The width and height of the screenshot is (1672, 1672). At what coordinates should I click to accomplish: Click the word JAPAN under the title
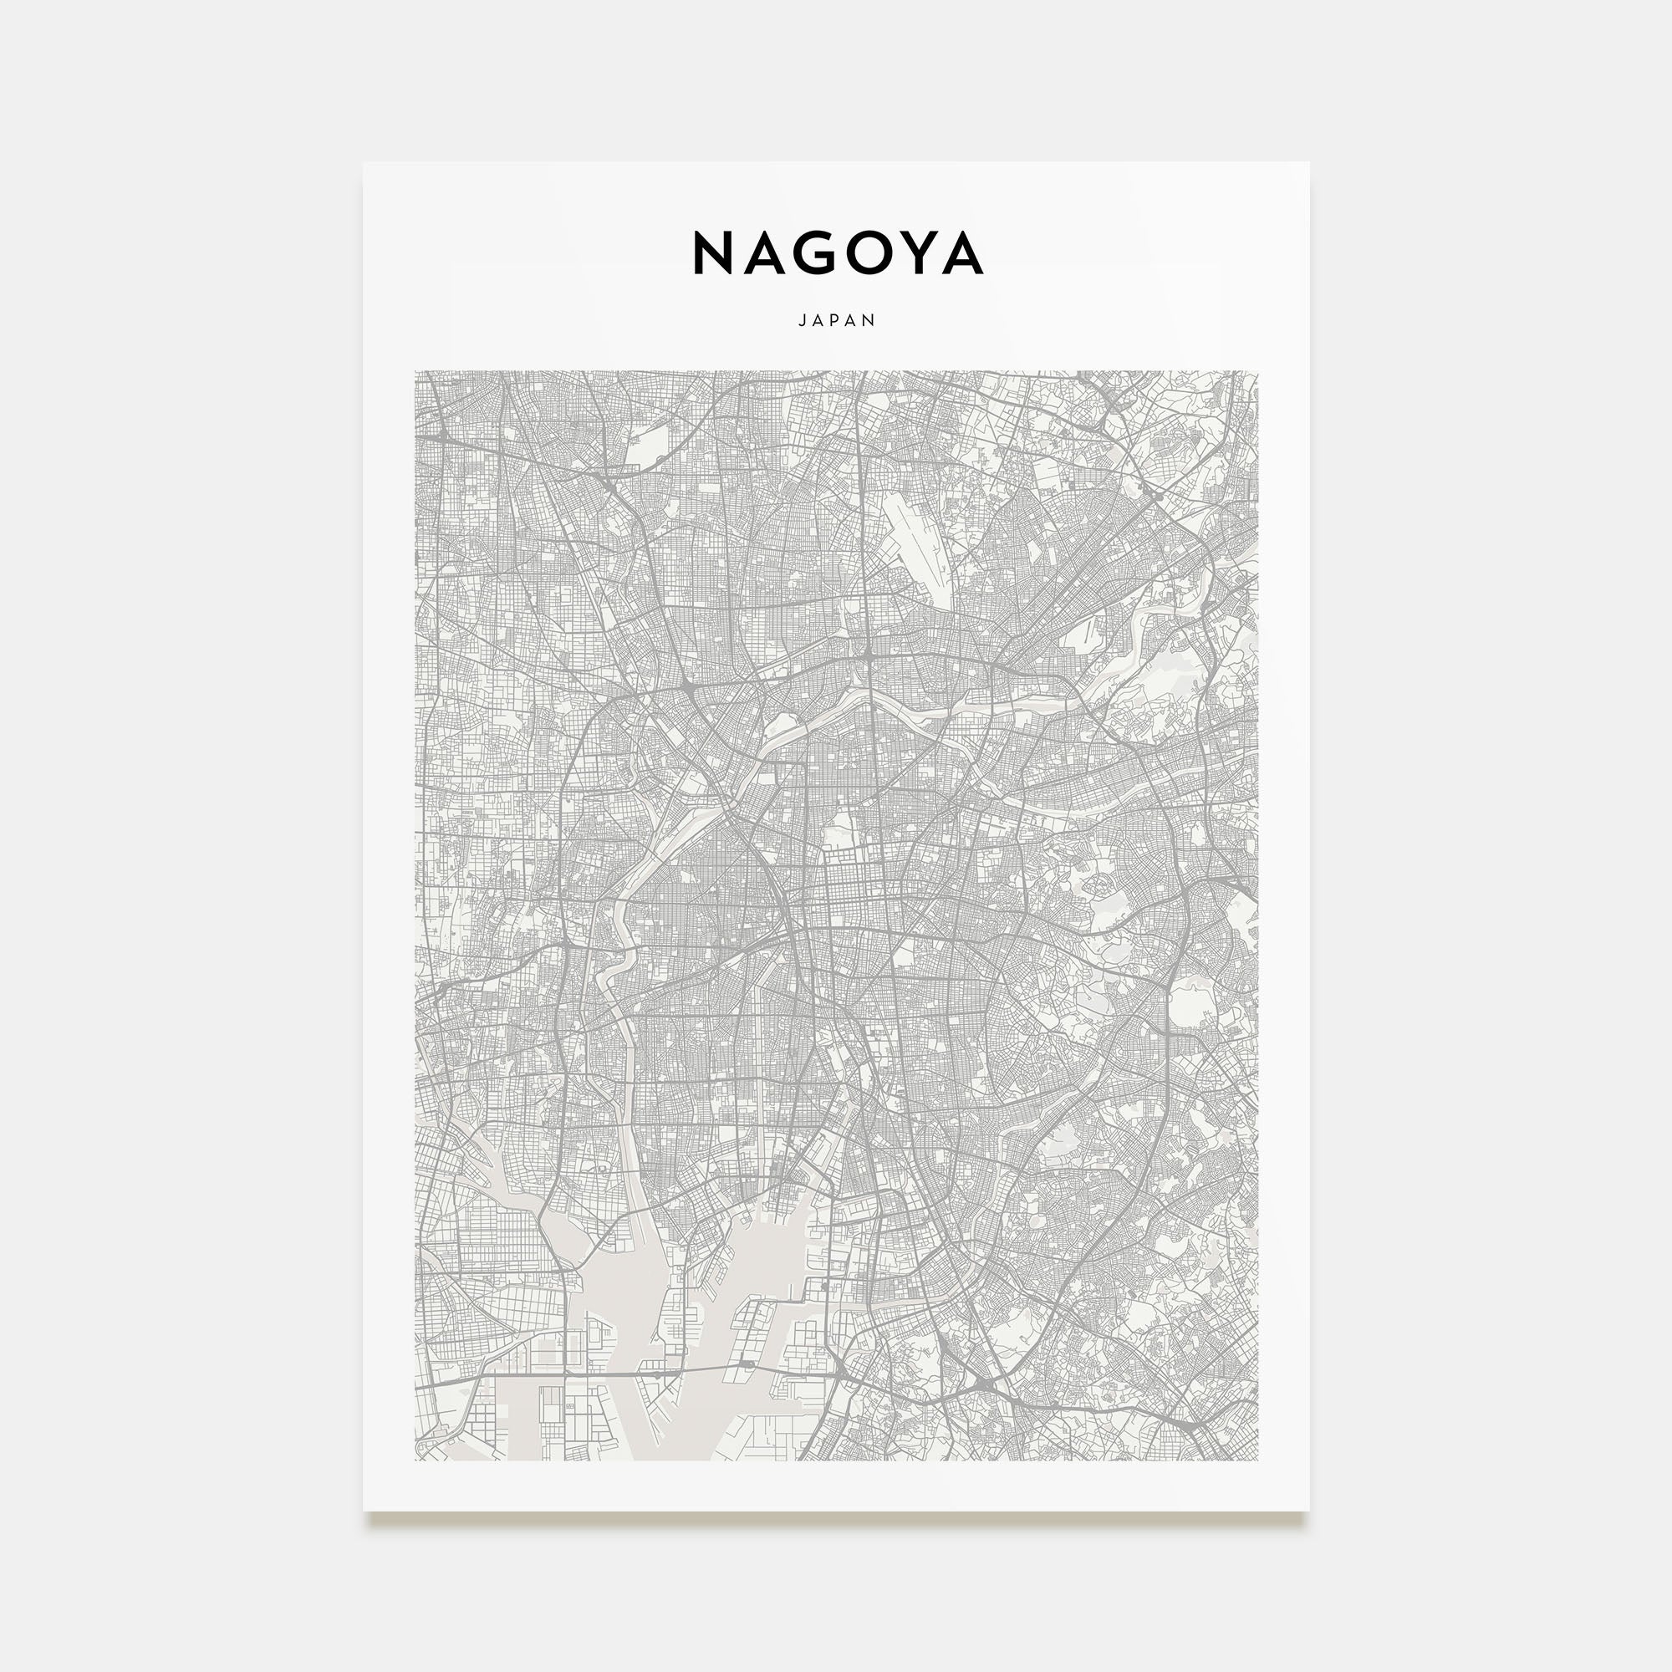click(x=837, y=320)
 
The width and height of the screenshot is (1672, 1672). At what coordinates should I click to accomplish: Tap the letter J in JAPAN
click(x=803, y=320)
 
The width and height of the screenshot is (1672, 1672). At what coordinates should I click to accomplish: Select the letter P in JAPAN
click(x=837, y=320)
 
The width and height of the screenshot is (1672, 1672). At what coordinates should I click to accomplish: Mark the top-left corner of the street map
click(x=415, y=372)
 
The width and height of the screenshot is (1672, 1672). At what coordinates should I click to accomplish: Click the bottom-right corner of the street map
click(x=1257, y=1460)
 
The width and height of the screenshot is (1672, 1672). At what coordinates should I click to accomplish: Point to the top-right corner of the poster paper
click(x=1308, y=163)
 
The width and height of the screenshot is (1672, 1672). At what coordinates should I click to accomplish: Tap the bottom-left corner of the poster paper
click(x=364, y=1510)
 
